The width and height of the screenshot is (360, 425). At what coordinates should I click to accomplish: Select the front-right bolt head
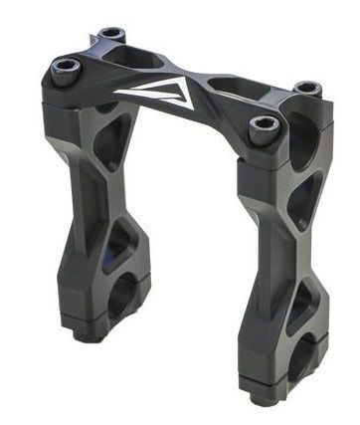click(265, 124)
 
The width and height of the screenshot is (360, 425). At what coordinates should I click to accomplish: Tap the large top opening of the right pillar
click(298, 139)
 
